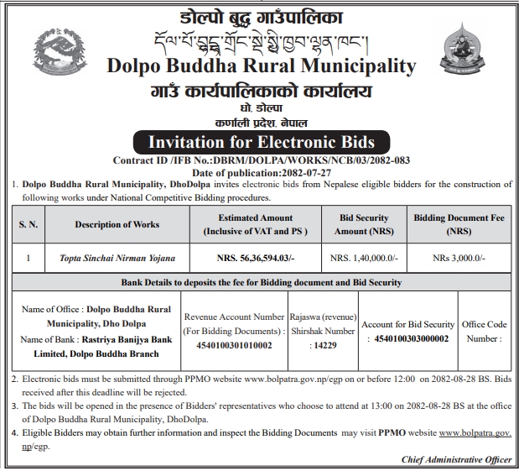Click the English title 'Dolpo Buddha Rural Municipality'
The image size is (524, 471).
click(x=262, y=66)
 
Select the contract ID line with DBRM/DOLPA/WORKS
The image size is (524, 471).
click(x=262, y=160)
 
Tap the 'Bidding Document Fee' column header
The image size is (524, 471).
click(x=459, y=224)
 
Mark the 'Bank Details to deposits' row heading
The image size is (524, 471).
click(x=262, y=283)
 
